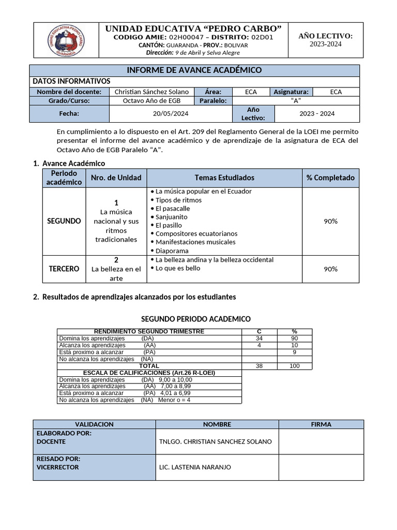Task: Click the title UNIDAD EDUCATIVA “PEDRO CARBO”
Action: coord(193,28)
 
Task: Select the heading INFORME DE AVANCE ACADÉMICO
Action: coord(194,70)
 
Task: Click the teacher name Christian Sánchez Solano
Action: coord(151,92)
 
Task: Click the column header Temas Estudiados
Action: coord(224,178)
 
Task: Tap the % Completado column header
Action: coord(330,178)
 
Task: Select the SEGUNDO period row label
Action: coord(64,221)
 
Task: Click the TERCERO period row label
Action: coord(64,269)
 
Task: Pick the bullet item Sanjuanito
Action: coord(171,217)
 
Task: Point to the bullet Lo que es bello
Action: coord(177,268)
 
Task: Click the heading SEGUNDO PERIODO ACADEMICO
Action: coord(196,319)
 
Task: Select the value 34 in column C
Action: coord(259,338)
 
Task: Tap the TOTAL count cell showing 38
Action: coord(259,366)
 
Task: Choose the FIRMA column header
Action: coord(321,424)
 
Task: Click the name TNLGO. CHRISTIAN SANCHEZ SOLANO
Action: coord(216,441)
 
